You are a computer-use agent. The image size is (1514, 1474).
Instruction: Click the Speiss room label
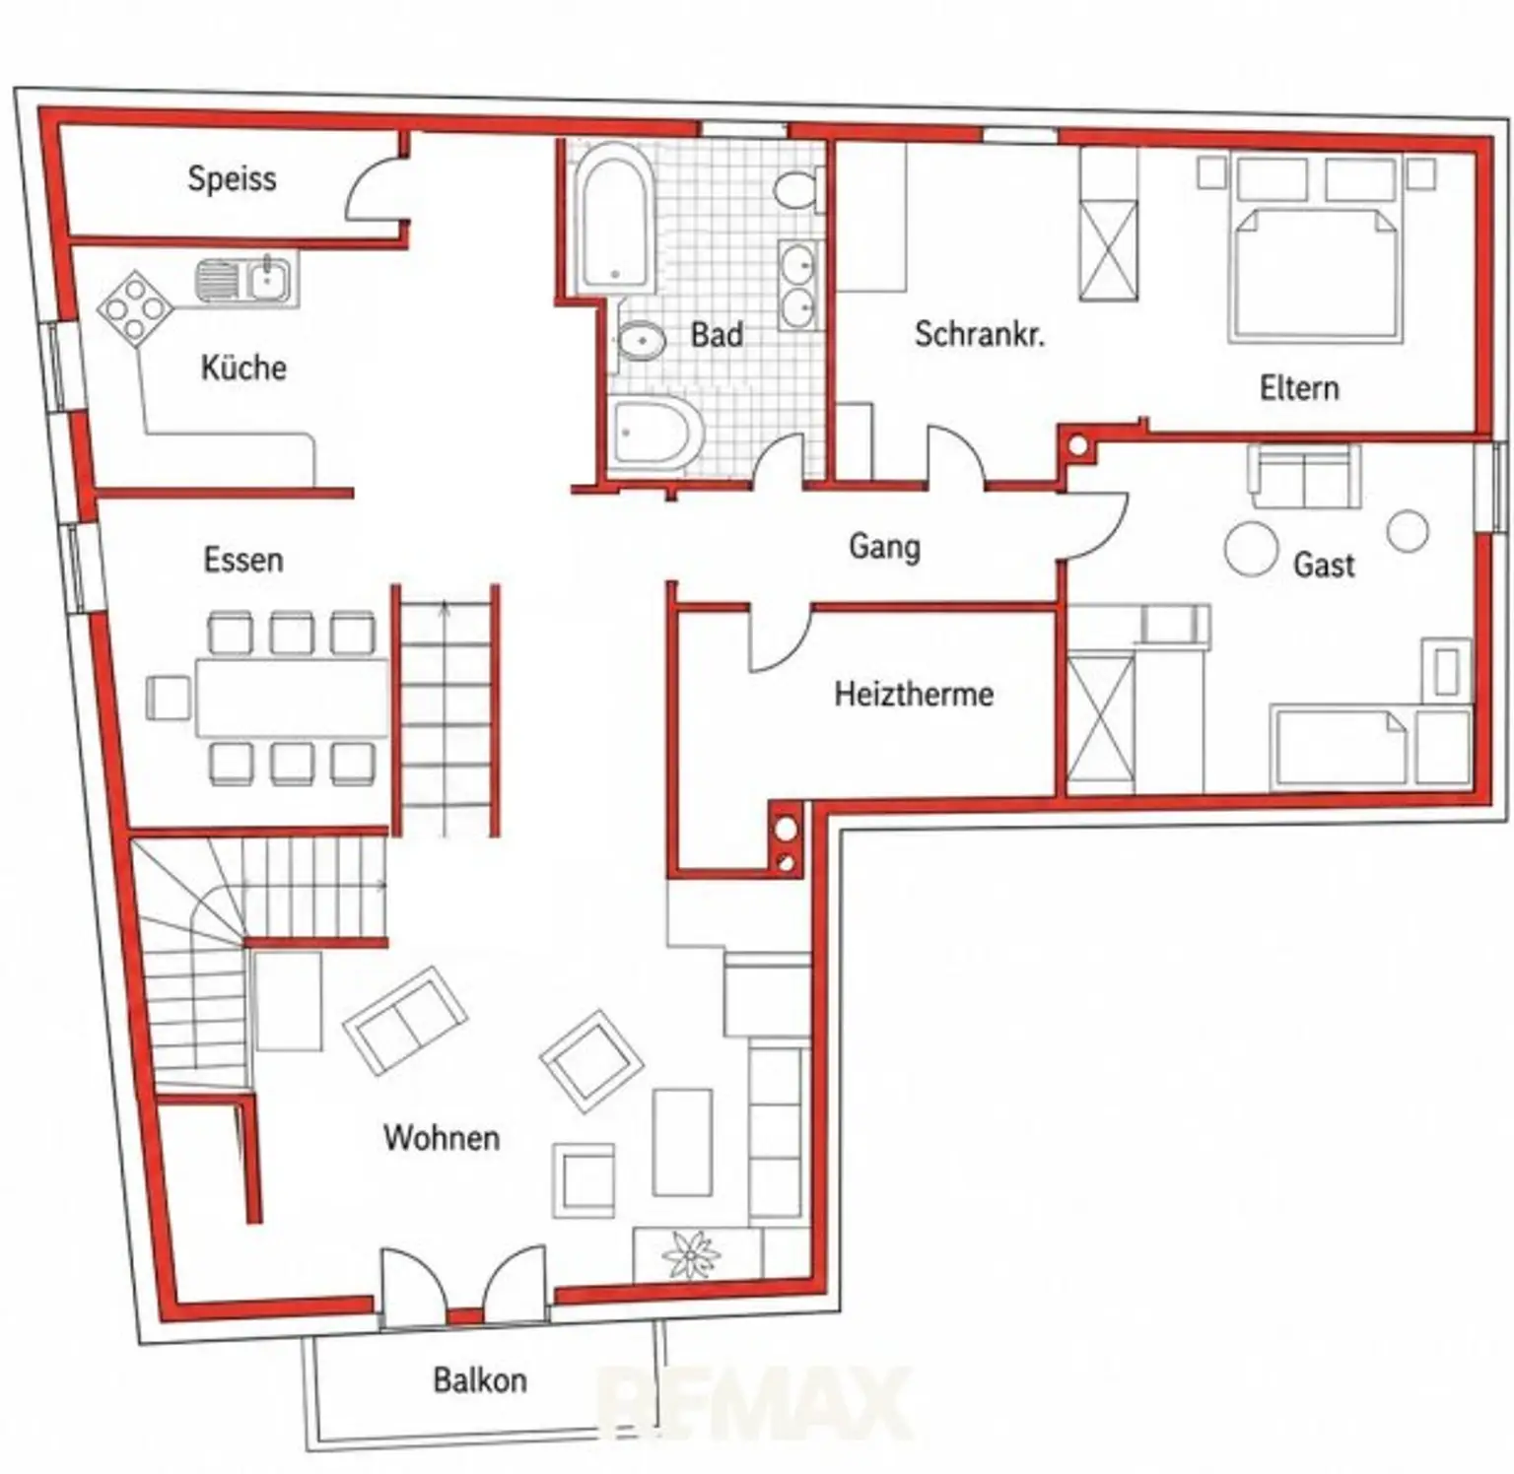[x=232, y=179]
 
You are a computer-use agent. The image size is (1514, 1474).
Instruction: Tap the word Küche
[x=243, y=368]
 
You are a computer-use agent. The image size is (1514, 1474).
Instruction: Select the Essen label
[x=243, y=560]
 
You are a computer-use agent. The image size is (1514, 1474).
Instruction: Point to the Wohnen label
[x=442, y=1137]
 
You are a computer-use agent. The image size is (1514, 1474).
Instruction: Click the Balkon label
[x=480, y=1379]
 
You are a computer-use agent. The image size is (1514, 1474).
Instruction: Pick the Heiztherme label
[x=914, y=694]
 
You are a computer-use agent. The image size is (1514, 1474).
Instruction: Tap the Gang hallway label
[x=884, y=547]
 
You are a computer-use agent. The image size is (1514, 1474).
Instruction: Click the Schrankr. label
[x=979, y=334]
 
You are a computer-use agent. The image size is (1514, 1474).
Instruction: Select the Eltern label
[x=1299, y=387]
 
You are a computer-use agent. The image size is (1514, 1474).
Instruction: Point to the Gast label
[x=1324, y=565]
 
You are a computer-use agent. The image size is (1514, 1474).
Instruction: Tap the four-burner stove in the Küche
[x=136, y=308]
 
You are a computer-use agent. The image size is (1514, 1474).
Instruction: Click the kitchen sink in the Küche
[x=245, y=279]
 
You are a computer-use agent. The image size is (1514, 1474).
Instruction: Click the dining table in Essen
[x=292, y=698]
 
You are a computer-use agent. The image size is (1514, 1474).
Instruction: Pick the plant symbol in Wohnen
[x=691, y=1255]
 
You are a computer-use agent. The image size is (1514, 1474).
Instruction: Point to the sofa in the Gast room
[x=1304, y=476]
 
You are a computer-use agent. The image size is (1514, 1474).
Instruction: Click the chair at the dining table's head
[x=169, y=698]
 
